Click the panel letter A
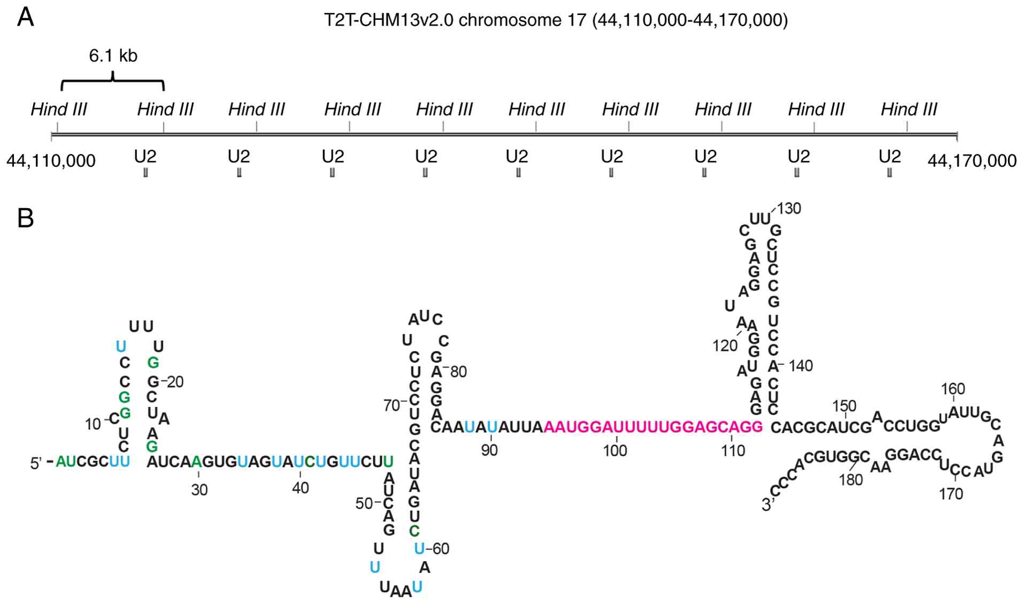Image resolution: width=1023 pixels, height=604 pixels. click(26, 18)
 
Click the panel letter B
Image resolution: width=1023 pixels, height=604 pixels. click(26, 218)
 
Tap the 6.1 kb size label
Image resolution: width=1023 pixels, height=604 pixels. click(113, 56)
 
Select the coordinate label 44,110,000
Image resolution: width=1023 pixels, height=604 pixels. click(51, 160)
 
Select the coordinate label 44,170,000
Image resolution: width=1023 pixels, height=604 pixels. click(972, 160)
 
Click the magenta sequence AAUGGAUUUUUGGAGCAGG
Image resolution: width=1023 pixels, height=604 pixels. click(653, 427)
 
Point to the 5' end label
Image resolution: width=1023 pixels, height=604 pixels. click(36, 463)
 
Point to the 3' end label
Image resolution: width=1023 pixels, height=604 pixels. click(768, 504)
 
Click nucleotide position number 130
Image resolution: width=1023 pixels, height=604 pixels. click(789, 209)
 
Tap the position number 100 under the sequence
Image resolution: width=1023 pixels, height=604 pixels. click(615, 450)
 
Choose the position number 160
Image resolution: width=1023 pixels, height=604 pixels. click(953, 389)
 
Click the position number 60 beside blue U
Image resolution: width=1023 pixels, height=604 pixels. click(441, 549)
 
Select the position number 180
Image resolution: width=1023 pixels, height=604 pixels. click(851, 480)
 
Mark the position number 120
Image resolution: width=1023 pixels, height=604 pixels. click(725, 346)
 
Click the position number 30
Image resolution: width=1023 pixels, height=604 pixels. click(199, 490)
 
